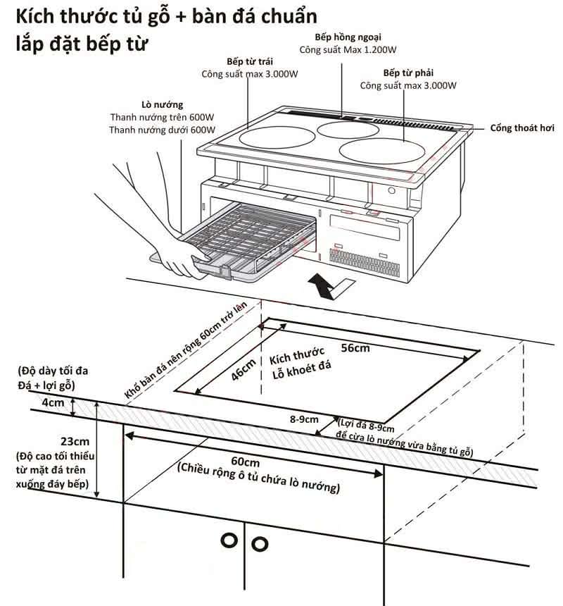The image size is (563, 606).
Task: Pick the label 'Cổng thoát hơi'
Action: [x=522, y=128]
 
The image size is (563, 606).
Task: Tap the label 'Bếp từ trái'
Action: [x=246, y=61]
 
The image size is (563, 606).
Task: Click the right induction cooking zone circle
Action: [x=383, y=151]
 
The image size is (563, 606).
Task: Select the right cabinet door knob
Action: [x=260, y=543]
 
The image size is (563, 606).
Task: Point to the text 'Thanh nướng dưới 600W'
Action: [x=162, y=130]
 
